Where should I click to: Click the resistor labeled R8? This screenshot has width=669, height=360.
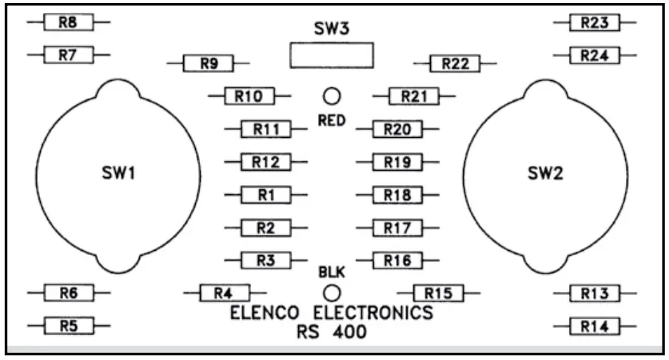(68, 23)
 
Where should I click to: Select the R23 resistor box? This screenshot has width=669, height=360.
(595, 23)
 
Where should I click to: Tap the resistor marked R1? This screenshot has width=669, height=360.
(267, 195)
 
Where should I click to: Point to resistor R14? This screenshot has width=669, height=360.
(595, 326)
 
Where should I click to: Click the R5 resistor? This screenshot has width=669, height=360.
(68, 326)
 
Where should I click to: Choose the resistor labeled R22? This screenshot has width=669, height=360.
(455, 64)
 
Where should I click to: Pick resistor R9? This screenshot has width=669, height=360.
(208, 64)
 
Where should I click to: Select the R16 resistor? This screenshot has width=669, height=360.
(397, 261)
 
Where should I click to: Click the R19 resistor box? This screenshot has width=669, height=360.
(397, 162)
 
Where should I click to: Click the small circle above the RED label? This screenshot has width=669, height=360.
(332, 96)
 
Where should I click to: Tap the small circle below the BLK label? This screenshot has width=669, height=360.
(332, 292)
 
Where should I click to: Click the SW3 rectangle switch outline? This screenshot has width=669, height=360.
(332, 54)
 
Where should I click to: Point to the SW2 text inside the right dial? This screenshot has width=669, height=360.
(546, 174)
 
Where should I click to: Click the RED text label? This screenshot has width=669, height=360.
(332, 121)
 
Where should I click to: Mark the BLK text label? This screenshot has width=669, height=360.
(331, 272)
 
